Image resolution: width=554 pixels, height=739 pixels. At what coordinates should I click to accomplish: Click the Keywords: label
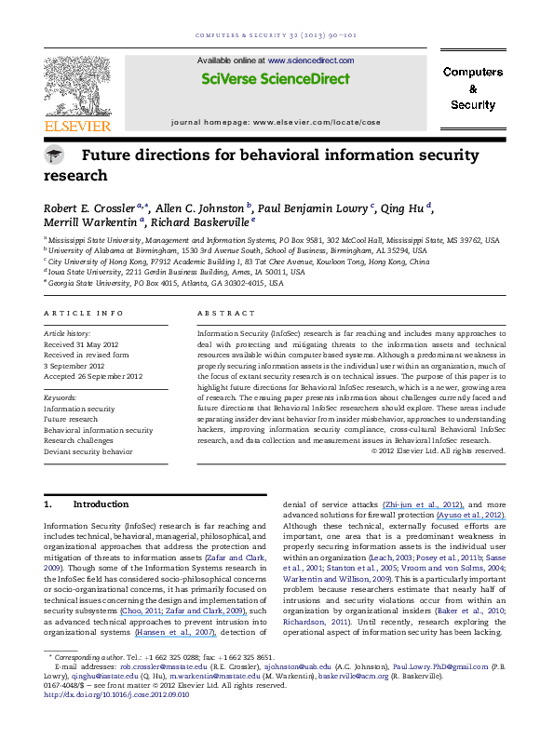click(61, 398)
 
